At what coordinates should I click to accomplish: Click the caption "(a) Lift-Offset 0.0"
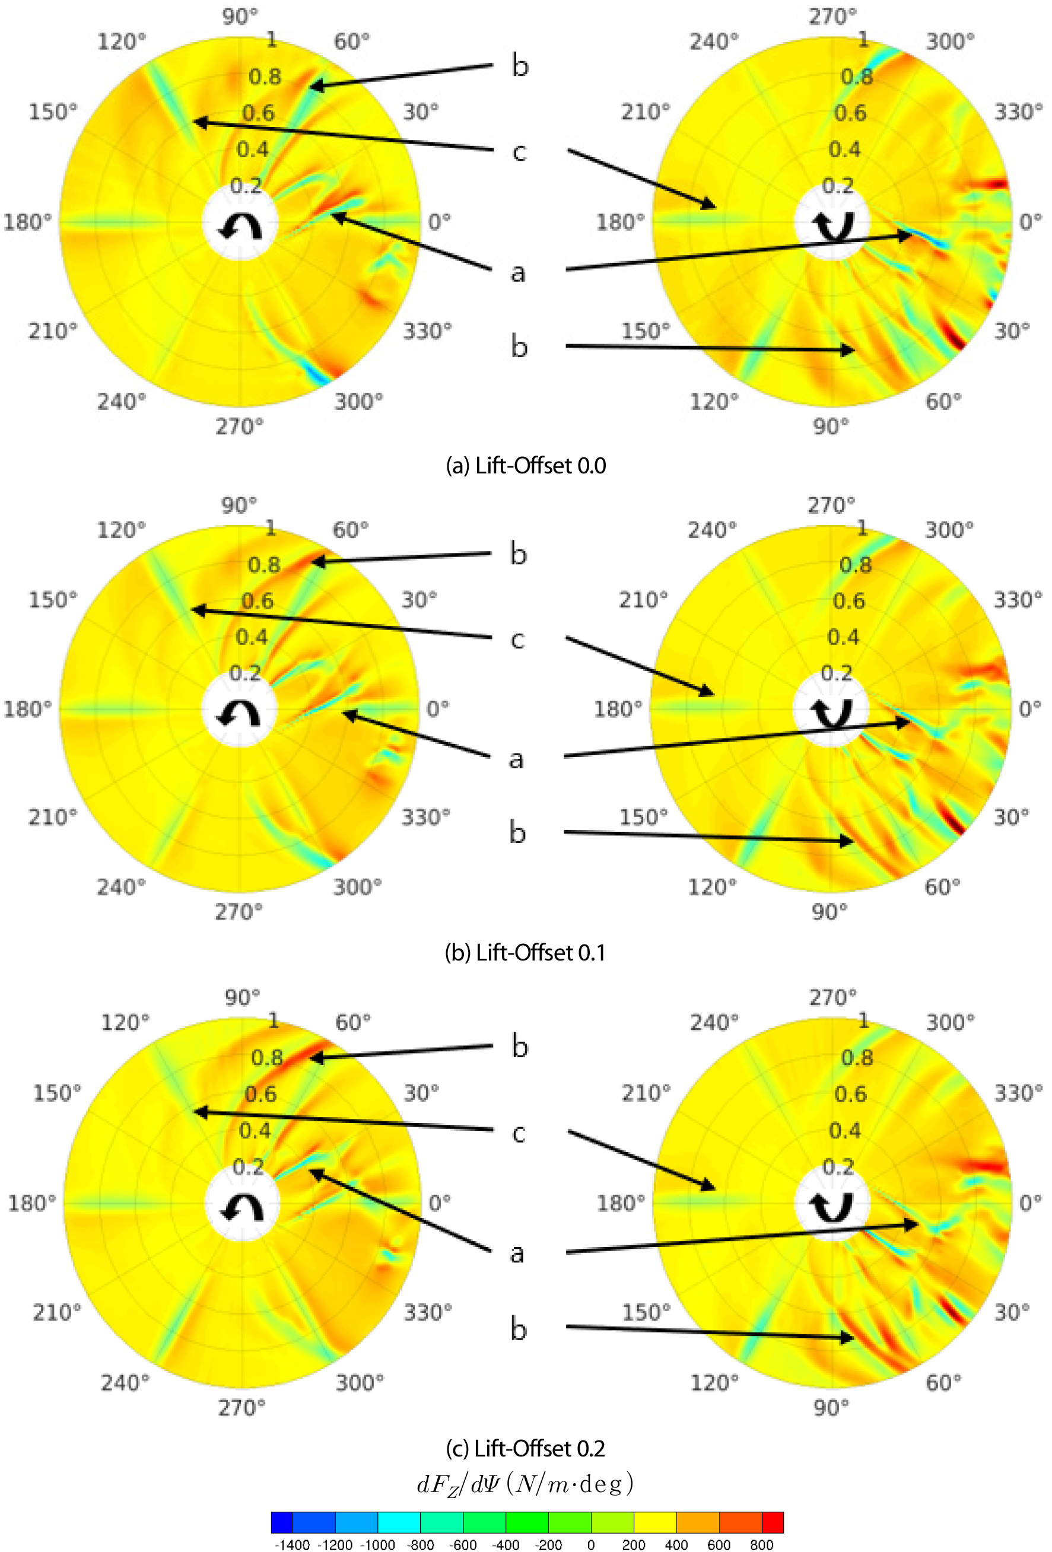[526, 466]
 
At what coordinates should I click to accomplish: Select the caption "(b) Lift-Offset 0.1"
[525, 952]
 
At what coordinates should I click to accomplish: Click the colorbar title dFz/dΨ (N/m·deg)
[525, 1484]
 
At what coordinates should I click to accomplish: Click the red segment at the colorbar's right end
[773, 1522]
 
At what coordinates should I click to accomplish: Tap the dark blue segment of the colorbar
[282, 1522]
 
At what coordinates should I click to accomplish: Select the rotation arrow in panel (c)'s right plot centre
[832, 1207]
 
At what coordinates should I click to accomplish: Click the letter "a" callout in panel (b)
[516, 759]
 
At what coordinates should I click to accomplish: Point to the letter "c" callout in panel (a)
[519, 152]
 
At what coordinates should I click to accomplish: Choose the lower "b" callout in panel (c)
[519, 1329]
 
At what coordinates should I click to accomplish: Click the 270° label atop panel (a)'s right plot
[832, 16]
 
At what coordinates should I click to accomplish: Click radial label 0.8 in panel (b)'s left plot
[265, 565]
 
